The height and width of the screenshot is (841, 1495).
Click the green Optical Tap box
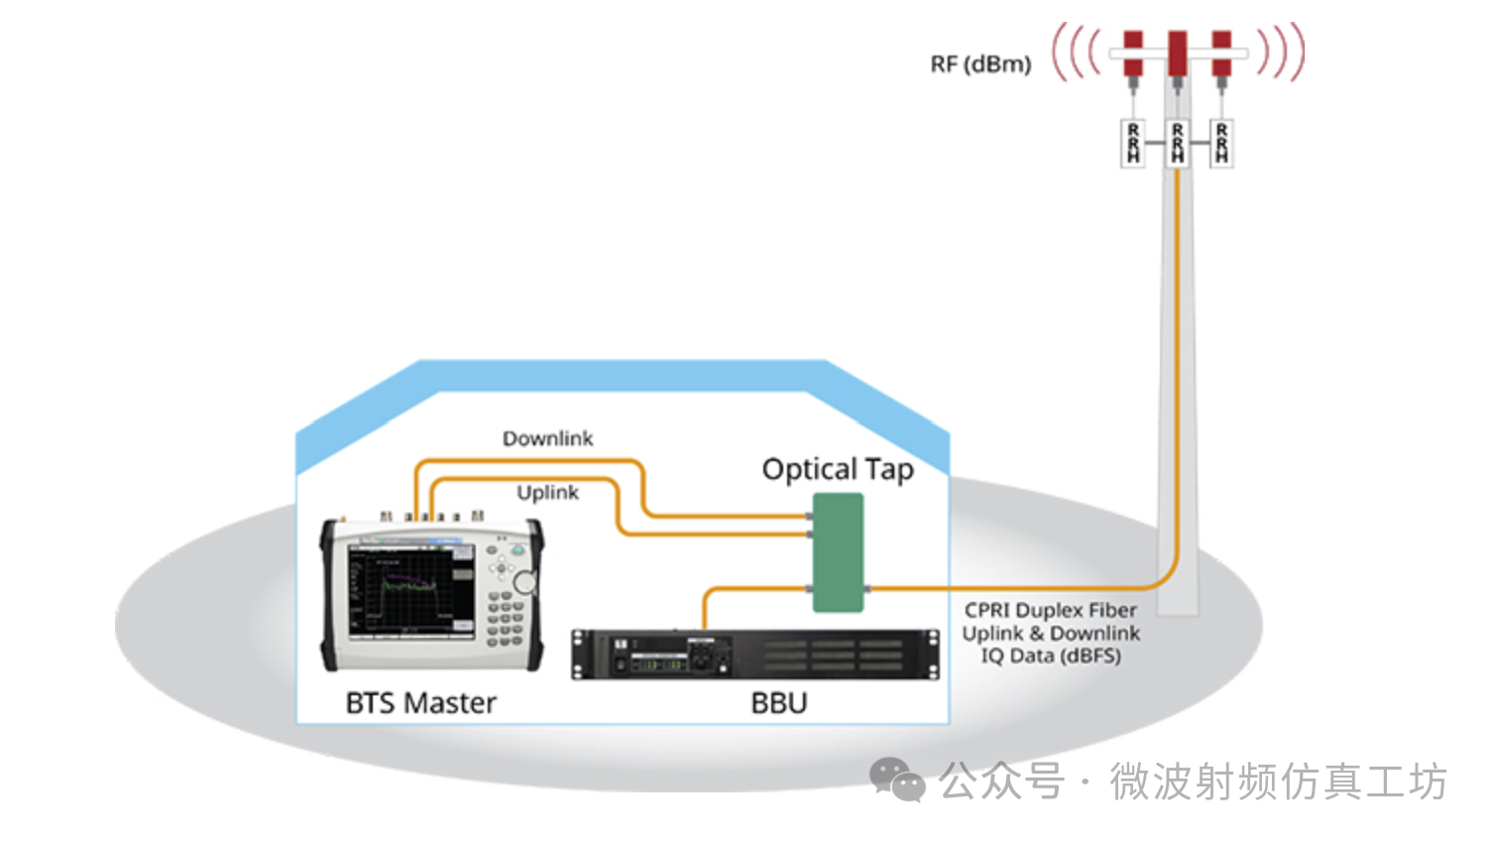838,552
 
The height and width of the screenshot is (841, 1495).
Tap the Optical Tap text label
838,469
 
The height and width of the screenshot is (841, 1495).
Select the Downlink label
547,438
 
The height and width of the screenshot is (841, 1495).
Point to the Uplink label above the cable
547,492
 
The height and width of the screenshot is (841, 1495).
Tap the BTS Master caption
420,703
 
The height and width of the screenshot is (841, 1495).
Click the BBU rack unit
755,654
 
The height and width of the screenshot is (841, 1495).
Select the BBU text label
779,703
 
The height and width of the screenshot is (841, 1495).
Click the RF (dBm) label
980,64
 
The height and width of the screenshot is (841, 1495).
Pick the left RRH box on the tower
1133,143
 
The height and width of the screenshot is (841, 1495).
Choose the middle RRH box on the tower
1177,143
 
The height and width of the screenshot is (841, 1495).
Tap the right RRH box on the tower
1221,143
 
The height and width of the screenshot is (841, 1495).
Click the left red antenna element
1132,54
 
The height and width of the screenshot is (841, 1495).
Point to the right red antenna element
1221,54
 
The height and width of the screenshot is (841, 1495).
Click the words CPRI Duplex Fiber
1051,610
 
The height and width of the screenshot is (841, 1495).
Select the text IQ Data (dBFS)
1051,656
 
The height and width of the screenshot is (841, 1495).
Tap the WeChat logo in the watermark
897,780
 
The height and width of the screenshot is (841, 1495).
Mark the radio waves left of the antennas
1077,53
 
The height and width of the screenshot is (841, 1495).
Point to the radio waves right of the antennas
1281,53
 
